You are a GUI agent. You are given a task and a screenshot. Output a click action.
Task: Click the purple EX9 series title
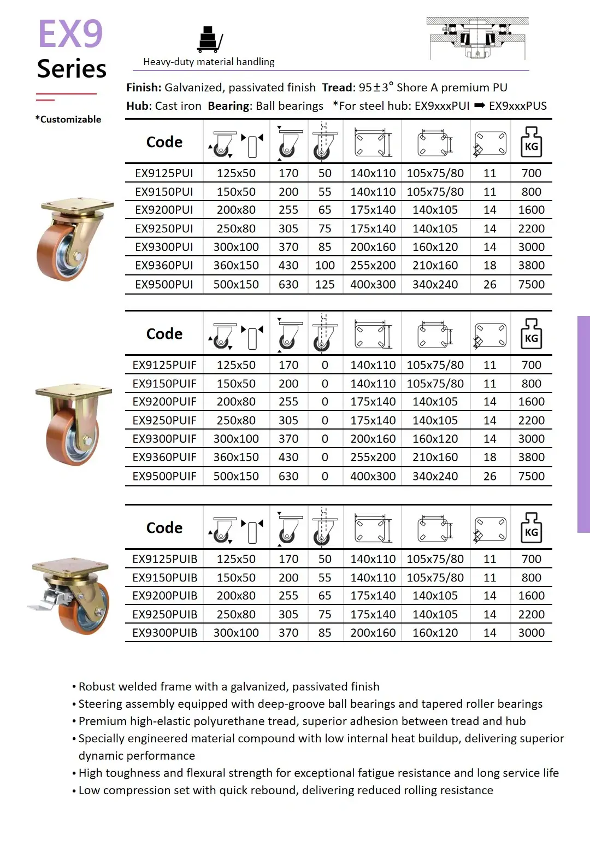point(70,34)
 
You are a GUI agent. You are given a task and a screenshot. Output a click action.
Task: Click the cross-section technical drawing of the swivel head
point(477,38)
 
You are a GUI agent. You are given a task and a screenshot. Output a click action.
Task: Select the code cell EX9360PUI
point(164,266)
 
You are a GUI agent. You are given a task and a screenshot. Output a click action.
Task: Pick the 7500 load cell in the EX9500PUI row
point(531,285)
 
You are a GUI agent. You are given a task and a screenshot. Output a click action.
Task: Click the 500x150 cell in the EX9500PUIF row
point(236,477)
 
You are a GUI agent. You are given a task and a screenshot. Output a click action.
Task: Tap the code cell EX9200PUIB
point(164,596)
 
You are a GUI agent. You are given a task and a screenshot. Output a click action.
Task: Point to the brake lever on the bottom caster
point(41,603)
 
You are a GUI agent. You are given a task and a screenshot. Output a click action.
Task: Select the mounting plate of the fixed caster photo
point(74,391)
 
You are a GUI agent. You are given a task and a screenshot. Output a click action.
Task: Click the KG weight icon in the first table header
point(531,142)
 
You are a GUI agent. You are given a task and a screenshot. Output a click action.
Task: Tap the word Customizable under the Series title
point(70,120)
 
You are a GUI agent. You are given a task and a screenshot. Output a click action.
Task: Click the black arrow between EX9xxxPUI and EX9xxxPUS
point(479,106)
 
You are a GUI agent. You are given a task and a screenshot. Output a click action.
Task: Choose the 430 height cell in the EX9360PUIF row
point(288,457)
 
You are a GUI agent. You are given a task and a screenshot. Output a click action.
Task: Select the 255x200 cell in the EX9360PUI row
point(373,266)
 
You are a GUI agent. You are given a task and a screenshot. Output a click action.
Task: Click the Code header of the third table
point(164,528)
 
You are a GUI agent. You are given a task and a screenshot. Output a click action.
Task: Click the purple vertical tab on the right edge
point(583,424)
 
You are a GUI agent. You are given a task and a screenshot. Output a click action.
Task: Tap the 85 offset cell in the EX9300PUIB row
point(324,633)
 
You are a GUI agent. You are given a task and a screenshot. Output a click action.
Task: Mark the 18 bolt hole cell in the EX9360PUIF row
point(489,457)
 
